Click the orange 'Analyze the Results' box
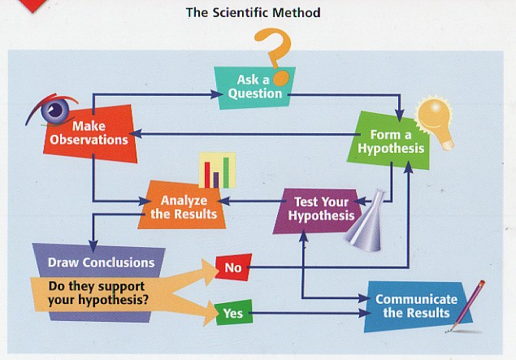[184, 206]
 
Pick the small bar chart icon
[217, 171]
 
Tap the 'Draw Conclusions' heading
[101, 262]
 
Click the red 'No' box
[232, 266]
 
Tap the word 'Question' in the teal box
[254, 93]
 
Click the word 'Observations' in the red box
[89, 139]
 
